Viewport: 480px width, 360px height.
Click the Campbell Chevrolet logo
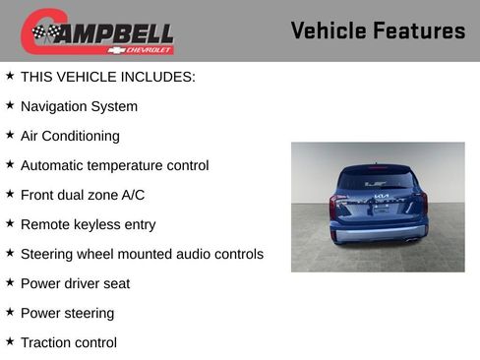pos(98,31)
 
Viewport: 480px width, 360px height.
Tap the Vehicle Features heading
pos(378,30)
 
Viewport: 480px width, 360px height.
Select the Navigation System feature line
pos(79,106)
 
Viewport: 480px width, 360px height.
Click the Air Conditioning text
pos(70,136)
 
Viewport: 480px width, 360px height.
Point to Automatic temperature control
pos(114,165)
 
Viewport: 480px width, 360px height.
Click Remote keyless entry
pos(88,224)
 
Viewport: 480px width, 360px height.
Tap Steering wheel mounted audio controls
pos(142,254)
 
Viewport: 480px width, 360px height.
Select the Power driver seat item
pos(75,283)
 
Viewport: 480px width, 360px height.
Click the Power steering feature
pos(67,313)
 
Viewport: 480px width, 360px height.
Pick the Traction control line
pos(68,342)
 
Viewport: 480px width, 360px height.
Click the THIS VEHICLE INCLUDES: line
pos(107,77)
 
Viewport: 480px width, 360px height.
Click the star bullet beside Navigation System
pos(10,105)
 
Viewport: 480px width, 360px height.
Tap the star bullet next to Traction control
pos(10,341)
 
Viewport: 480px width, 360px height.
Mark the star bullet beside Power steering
pos(10,312)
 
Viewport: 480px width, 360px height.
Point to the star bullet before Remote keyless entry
pos(10,223)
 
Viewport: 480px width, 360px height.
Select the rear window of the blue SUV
pos(378,180)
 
